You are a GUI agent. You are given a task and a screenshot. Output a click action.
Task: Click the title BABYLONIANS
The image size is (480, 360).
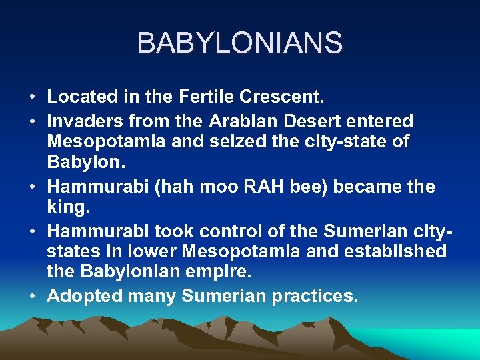pos(240,43)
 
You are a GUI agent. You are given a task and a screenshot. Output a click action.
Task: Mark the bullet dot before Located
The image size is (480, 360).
pos(33,98)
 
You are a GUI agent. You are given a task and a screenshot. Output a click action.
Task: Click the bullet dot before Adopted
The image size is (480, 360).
pos(33,295)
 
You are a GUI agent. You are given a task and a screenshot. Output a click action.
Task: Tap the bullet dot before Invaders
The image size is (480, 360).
pos(33,122)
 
